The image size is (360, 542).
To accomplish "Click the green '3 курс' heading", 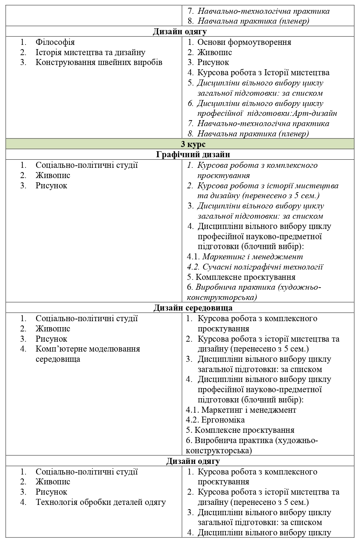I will [x=193, y=144].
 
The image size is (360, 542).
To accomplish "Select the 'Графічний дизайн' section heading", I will [x=193, y=154].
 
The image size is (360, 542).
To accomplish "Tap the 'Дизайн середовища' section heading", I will [x=193, y=308].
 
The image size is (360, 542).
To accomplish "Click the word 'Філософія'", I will [x=55, y=42].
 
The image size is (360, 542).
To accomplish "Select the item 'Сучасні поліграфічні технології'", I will [x=263, y=267].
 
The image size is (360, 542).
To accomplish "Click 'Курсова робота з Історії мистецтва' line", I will [x=263, y=73].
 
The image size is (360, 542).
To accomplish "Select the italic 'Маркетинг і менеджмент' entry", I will [x=253, y=257].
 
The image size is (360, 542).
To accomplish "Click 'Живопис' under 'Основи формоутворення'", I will [x=215, y=52].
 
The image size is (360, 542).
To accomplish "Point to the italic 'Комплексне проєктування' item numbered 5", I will [x=246, y=277].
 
